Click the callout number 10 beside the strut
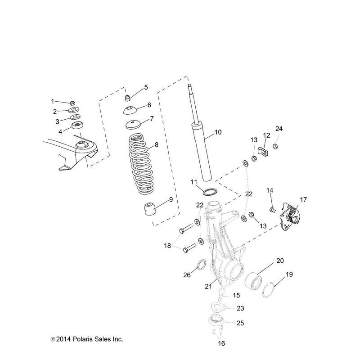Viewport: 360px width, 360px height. (x=218, y=132)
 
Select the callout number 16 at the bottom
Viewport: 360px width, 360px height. (x=220, y=343)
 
